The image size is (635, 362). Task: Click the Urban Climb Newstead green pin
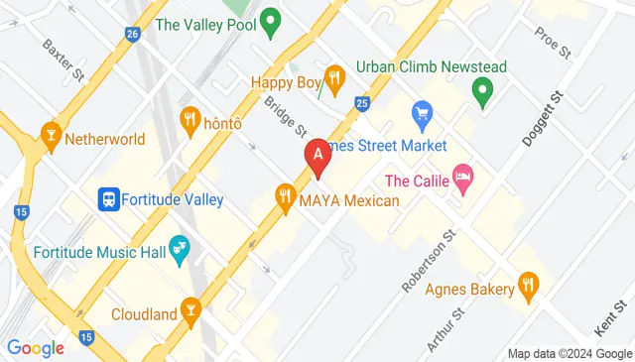[483, 94]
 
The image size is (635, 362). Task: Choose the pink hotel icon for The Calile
[462, 180]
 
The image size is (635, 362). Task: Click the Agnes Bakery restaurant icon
[529, 289]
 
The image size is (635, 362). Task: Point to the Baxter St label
[61, 59]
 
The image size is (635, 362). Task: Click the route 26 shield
[132, 33]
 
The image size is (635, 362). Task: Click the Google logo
[36, 347]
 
